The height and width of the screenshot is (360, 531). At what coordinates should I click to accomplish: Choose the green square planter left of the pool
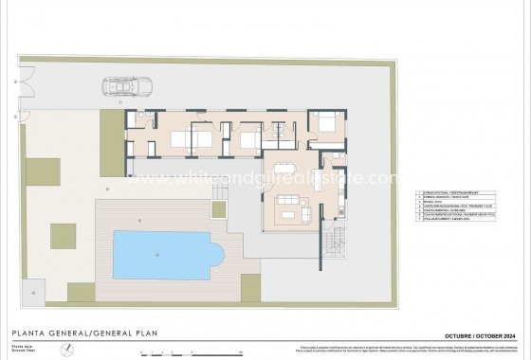pyautogui.click(x=63, y=232)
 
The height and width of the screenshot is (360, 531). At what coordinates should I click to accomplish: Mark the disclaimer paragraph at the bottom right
pyautogui.click(x=446, y=350)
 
